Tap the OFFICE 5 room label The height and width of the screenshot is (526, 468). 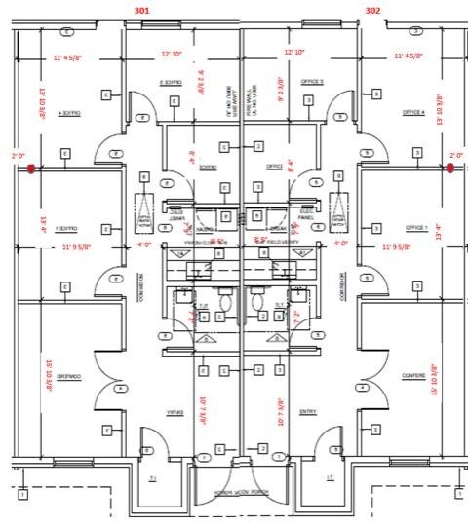(312, 82)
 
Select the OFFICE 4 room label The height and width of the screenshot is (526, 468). (414, 113)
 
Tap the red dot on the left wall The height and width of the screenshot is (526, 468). (31, 169)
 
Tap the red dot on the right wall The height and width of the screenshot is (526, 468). (450, 169)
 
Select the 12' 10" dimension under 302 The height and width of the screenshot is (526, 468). (294, 52)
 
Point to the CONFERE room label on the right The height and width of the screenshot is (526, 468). (414, 376)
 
